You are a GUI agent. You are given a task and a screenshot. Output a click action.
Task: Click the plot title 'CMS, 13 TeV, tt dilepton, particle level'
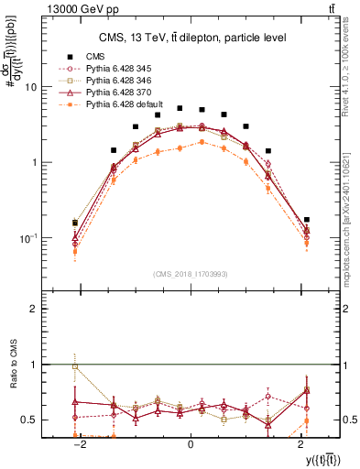point(191,38)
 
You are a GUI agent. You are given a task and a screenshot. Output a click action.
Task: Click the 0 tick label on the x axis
point(191,445)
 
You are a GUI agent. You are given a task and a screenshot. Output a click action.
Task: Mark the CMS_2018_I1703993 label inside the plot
point(191,274)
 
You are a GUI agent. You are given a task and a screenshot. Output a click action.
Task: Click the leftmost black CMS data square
point(75,223)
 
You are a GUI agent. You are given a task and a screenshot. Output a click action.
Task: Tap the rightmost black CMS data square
point(306,220)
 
